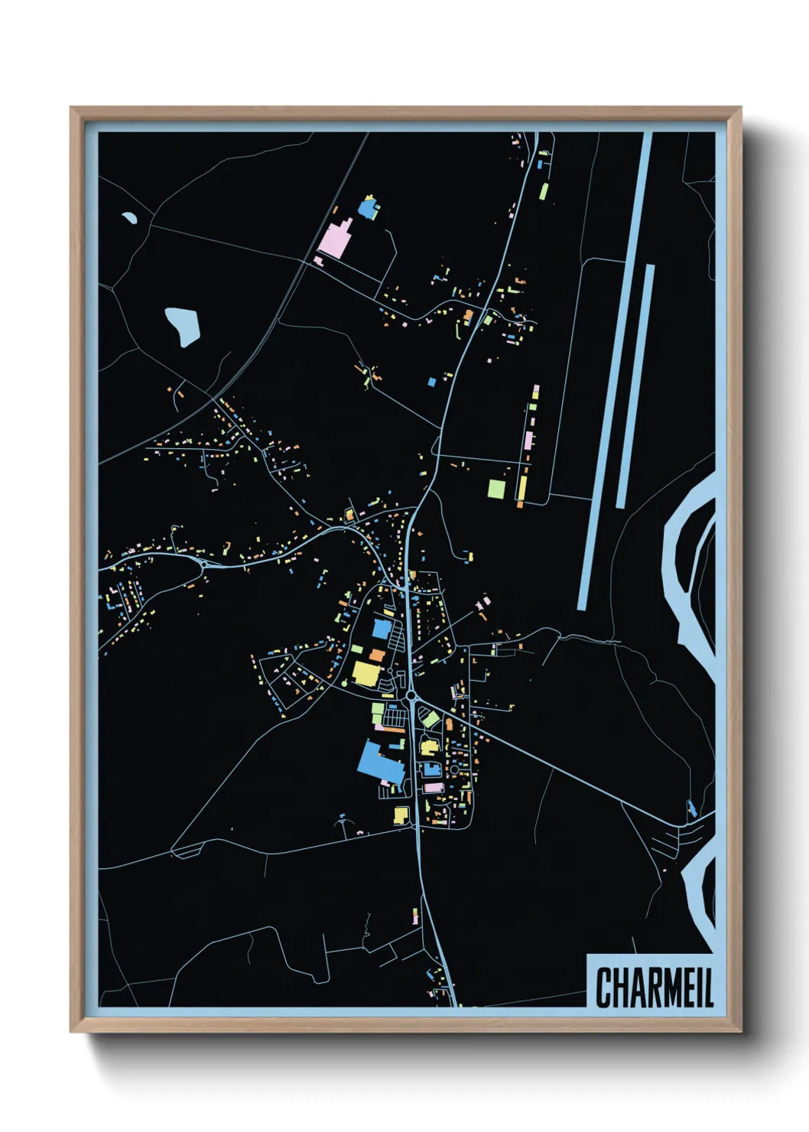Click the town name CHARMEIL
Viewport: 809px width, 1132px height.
point(654,987)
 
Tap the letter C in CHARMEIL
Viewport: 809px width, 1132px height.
point(603,987)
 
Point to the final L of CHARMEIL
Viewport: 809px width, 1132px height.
point(708,987)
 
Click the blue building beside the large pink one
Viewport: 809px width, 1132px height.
point(369,208)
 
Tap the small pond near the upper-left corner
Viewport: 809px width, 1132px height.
point(129,218)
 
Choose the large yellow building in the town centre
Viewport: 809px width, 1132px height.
point(366,674)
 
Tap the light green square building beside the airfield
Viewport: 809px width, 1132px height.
point(497,489)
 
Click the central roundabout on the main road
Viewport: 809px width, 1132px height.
point(411,695)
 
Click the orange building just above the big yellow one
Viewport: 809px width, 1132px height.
point(377,655)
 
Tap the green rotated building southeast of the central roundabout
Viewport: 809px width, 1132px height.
point(431,719)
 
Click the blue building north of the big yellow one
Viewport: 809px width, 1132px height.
point(382,629)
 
